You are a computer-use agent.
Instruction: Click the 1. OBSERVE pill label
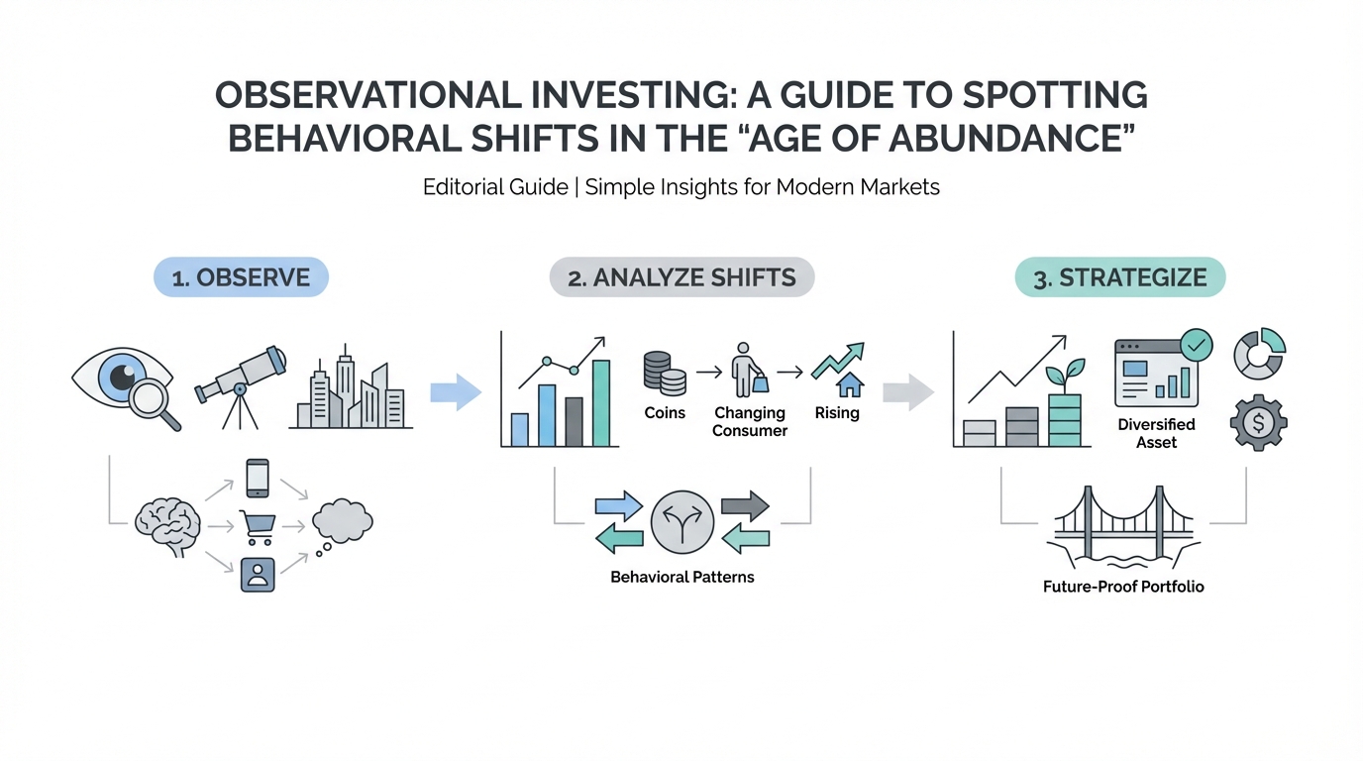(x=241, y=277)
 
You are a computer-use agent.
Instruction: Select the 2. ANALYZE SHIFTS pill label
(x=681, y=277)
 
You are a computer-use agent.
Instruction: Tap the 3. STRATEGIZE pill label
(x=1120, y=277)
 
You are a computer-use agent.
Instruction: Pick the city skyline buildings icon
(x=351, y=386)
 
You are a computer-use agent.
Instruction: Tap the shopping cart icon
(x=258, y=527)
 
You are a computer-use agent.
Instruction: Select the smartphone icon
(x=258, y=478)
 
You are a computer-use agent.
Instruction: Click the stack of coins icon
(x=665, y=373)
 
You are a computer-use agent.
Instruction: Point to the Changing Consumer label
(x=750, y=421)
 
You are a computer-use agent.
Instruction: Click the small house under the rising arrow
(x=850, y=384)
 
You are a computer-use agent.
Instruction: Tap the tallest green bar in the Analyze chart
(x=601, y=403)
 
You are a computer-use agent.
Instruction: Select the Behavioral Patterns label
(x=682, y=577)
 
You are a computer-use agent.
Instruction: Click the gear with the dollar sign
(x=1258, y=422)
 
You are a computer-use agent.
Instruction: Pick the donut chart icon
(x=1260, y=354)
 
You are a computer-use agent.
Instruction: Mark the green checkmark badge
(x=1197, y=345)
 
